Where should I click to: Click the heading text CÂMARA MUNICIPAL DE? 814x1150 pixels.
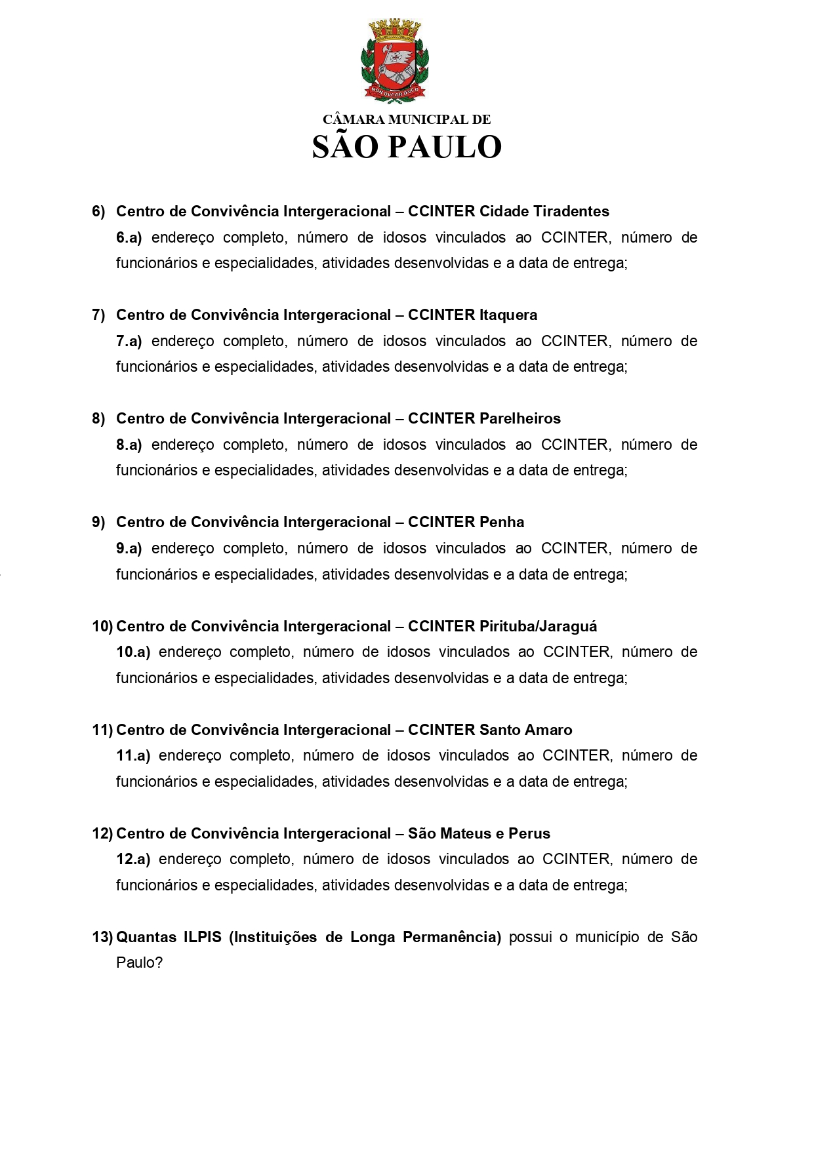(x=407, y=119)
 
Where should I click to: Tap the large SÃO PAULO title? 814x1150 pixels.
(x=407, y=148)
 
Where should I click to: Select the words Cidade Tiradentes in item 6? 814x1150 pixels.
(x=544, y=211)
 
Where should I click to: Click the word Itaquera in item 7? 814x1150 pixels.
(x=508, y=315)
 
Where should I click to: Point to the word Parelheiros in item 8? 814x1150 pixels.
(x=520, y=418)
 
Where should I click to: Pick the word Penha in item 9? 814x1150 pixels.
(x=502, y=522)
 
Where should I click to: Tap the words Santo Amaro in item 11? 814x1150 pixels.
(x=525, y=730)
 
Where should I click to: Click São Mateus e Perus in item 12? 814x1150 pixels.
(x=479, y=833)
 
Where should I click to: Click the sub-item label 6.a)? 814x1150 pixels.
(x=129, y=237)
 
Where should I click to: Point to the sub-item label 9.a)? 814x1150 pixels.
(x=129, y=548)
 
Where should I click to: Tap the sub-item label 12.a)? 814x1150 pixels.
(x=133, y=859)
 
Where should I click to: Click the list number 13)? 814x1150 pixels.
(x=102, y=937)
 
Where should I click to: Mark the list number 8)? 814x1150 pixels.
(x=98, y=418)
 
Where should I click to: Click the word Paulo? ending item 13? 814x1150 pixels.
(x=139, y=962)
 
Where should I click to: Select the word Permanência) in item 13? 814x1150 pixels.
(x=452, y=937)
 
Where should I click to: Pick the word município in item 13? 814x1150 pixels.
(x=607, y=937)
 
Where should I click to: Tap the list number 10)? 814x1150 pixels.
(x=102, y=626)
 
